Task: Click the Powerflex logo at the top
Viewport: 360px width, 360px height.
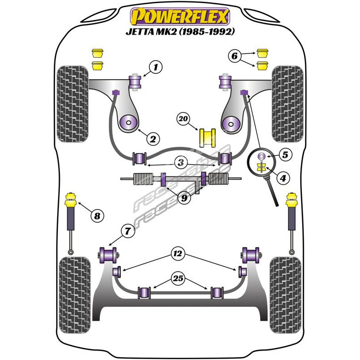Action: pos(180,17)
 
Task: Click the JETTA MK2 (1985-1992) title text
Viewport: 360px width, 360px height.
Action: pos(180,32)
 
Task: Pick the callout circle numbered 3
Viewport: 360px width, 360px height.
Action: pos(180,162)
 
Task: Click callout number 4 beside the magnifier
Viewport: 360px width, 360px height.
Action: pos(283,179)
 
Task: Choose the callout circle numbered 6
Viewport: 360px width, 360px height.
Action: pos(234,56)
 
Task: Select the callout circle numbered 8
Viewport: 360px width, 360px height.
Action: pos(97,216)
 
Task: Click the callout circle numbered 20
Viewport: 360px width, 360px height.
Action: pos(183,119)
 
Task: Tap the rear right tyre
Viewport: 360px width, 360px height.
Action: pos(285,295)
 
